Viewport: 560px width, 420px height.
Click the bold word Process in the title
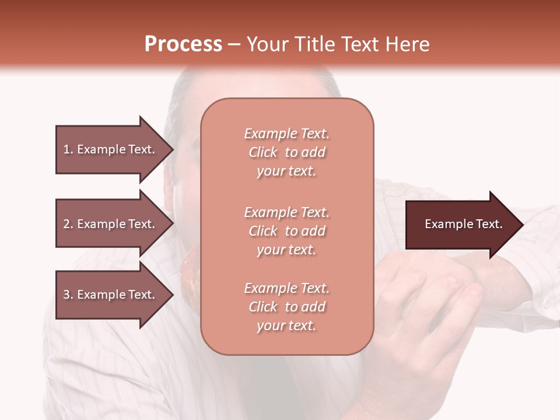click(183, 44)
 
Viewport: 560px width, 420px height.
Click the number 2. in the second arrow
click(68, 224)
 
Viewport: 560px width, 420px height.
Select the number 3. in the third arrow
click(68, 295)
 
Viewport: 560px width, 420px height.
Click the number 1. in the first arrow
click(68, 149)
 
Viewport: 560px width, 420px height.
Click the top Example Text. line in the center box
click(286, 134)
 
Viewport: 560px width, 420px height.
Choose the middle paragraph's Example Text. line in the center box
click(286, 212)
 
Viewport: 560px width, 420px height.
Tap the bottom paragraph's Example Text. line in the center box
click(286, 288)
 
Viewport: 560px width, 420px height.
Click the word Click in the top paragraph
click(263, 152)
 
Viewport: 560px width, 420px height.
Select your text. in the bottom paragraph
click(286, 325)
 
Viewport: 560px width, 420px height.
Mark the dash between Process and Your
click(234, 45)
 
